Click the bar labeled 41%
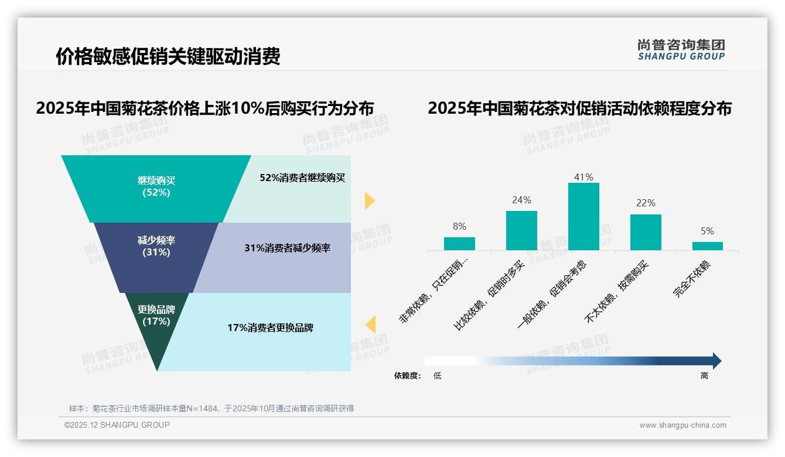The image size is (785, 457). tap(583, 216)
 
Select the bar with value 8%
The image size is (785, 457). tap(459, 243)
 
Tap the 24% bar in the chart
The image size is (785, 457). tap(521, 230)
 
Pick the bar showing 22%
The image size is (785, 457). tap(646, 232)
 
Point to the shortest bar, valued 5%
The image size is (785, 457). tap(707, 246)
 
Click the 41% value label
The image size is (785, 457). tap(583, 177)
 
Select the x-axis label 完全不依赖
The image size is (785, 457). tap(692, 279)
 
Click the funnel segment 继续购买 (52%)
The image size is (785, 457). tap(156, 186)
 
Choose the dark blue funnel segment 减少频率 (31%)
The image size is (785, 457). tap(156, 247)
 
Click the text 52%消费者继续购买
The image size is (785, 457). tap(302, 178)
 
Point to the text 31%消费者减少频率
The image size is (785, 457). tap(287, 248)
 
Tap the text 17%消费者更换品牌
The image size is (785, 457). tap(270, 328)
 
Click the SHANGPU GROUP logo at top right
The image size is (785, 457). tap(681, 50)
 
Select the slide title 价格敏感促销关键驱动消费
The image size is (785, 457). tap(168, 56)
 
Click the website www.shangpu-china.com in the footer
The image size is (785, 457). tap(682, 425)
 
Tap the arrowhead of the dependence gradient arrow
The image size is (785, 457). tap(716, 361)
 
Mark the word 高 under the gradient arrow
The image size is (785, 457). tap(704, 376)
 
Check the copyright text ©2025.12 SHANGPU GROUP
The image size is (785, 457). tap(117, 425)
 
